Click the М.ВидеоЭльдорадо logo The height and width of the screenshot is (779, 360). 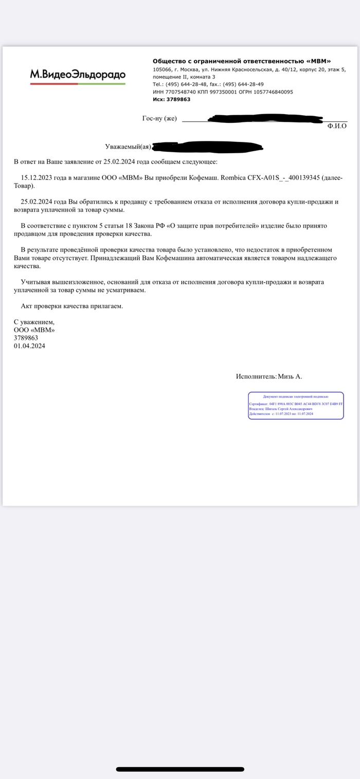(78, 75)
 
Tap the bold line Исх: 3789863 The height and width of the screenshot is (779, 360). (171, 99)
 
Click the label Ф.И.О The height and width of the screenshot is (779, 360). (337, 125)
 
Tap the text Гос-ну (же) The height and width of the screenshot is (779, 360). (159, 119)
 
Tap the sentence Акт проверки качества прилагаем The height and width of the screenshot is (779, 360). (72, 306)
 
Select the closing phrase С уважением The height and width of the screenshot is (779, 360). (34, 322)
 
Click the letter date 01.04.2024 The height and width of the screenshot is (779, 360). (29, 346)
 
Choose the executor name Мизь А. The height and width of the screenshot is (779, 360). (290, 376)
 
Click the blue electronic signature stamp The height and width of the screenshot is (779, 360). (296, 405)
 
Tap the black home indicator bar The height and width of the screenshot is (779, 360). (180, 769)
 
